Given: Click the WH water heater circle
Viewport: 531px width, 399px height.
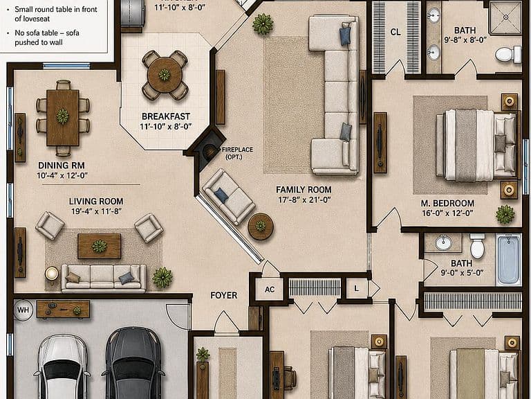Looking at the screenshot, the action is tap(23, 310).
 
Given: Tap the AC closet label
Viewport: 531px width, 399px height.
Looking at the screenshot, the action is tap(270, 290).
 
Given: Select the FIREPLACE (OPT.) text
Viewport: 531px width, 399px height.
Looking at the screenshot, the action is tap(237, 153).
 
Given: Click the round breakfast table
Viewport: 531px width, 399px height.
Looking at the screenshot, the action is tap(165, 75).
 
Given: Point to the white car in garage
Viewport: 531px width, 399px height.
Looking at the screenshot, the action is tap(62, 366).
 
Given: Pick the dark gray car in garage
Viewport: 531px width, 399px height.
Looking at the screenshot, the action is tap(133, 363).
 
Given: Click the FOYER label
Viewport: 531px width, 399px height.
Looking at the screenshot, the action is tap(224, 296).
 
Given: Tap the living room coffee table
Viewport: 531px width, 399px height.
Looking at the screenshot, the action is tap(100, 246).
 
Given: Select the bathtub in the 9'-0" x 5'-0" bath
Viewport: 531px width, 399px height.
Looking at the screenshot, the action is tap(509, 259).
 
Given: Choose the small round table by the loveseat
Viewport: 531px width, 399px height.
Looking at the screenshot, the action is tap(261, 227).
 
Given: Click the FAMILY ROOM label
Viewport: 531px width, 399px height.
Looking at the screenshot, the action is tap(304, 190).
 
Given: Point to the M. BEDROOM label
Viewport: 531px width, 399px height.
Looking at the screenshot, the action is tap(447, 204).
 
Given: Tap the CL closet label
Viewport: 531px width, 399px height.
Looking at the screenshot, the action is tap(395, 33).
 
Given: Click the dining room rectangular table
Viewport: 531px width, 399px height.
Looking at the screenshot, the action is tap(63, 117).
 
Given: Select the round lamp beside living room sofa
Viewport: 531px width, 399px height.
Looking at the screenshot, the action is tap(52, 273).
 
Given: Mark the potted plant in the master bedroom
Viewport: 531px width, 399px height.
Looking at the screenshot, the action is tap(505, 215).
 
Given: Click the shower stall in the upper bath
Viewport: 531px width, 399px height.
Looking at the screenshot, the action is tap(505, 17).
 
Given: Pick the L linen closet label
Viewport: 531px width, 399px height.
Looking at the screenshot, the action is tap(356, 289).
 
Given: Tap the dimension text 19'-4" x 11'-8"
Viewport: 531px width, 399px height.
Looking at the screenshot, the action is tap(96, 211).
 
